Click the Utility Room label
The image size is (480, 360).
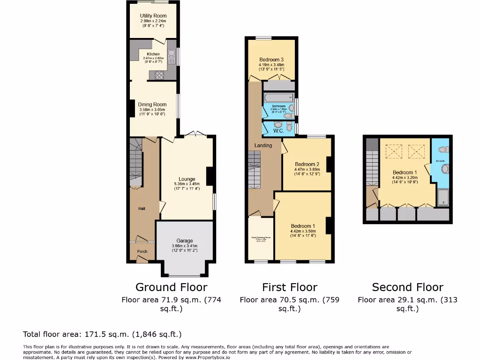coord(153,16)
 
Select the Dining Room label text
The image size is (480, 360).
coord(152,105)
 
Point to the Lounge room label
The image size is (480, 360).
coord(187,179)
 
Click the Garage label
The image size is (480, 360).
coord(185,240)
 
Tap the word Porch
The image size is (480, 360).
coord(142,251)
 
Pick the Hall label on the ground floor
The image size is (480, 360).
coord(142,209)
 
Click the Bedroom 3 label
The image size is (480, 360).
coord(271,60)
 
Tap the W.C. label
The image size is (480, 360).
coord(278,131)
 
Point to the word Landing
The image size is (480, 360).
coord(263,145)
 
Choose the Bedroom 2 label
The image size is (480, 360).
coord(307,164)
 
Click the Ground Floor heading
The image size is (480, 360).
coord(171,287)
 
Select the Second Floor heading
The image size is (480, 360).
coord(407,287)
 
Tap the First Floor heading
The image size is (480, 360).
coord(289,287)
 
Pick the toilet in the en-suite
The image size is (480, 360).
coord(443,150)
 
